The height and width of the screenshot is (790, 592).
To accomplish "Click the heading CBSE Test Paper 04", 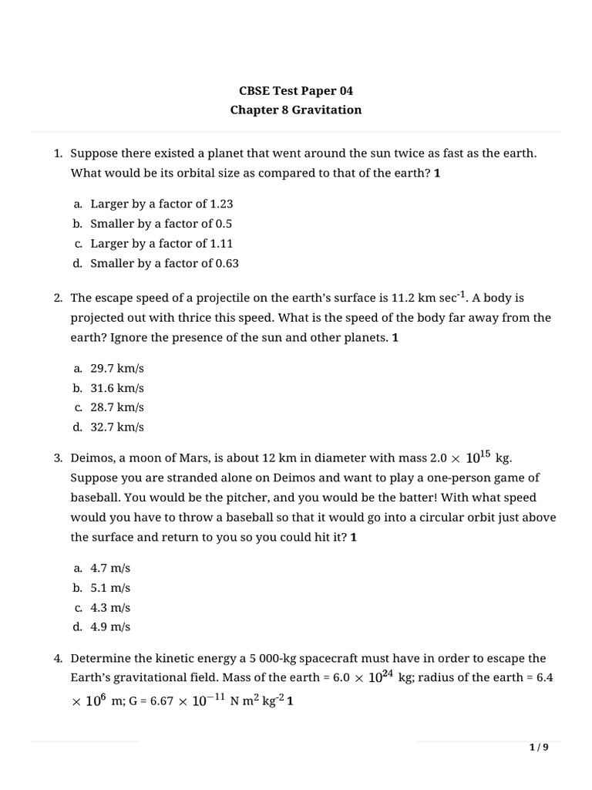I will point(296,90).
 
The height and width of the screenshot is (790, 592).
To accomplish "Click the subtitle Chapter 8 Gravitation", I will point(296,110).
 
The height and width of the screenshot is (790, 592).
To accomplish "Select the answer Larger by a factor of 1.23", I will point(161,204).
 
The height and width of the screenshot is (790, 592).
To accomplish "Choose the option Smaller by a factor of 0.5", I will point(161,224).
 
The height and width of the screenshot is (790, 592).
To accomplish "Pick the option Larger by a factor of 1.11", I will point(161,243).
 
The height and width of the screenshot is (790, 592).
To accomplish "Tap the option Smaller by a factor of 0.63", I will point(164,263).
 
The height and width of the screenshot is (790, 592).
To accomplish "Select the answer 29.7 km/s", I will point(117,369).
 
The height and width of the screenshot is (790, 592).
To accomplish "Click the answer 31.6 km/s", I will point(117,388).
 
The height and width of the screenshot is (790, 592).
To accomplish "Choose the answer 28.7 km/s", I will point(117,407).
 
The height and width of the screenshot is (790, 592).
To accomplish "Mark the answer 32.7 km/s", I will point(117,427).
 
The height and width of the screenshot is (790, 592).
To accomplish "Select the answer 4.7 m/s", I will point(110,568).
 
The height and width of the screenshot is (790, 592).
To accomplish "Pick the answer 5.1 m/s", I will point(110,587).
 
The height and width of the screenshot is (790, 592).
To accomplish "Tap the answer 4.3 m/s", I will point(110,607).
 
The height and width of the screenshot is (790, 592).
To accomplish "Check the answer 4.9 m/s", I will point(110,626).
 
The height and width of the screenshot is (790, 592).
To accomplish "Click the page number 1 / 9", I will point(539,747).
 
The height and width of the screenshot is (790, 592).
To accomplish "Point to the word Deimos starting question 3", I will point(92,458).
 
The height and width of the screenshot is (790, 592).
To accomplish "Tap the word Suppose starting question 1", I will point(93,154).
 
